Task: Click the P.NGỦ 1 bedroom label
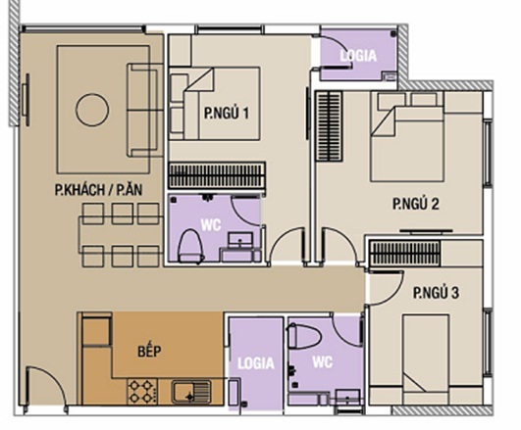tap(227, 114)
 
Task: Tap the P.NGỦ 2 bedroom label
tap(415, 204)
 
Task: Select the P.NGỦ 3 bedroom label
tap(436, 293)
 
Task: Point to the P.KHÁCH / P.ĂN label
tap(98, 190)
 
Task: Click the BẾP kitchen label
tap(149, 351)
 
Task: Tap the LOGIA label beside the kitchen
tap(256, 363)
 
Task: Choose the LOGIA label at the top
tap(358, 56)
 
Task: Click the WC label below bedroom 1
tap(211, 225)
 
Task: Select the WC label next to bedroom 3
tap(322, 362)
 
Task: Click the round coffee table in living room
tap(92, 110)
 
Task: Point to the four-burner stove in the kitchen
tap(143, 392)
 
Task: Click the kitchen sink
tap(190, 392)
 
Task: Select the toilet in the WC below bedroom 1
tap(190, 246)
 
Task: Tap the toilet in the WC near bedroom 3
tap(304, 336)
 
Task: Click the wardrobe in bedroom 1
tap(217, 175)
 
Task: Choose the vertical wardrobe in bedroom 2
tap(329, 126)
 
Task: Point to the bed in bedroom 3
tap(426, 359)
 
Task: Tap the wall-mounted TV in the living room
tap(26, 100)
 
